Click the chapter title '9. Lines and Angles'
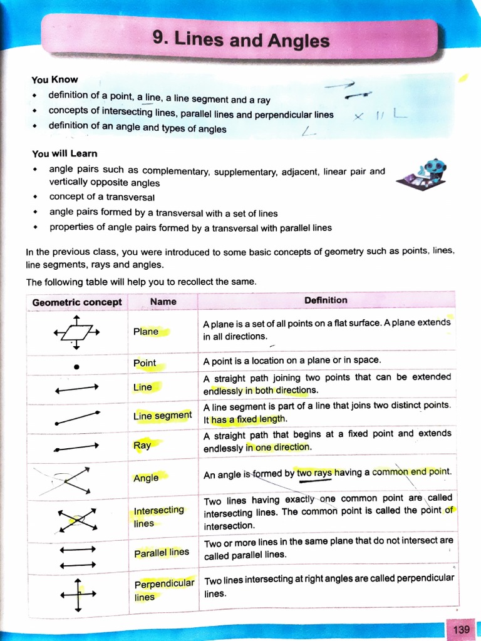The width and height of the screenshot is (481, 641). pos(240,40)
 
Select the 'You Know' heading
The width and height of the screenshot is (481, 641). pos(54,79)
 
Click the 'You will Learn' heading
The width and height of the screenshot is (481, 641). pos(65,153)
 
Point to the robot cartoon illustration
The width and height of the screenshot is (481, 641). pos(422,175)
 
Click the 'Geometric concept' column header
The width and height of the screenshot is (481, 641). pos(76,302)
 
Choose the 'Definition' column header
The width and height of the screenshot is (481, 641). pos(325,300)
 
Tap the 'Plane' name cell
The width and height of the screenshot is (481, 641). pos(146,332)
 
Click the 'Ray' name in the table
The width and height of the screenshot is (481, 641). pos(142,446)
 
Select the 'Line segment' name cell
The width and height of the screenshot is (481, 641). pos(162,416)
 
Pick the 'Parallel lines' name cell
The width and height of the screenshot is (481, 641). pos(161,553)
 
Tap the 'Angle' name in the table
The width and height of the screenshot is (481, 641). pos(146,478)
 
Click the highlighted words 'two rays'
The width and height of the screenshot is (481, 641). pos(314,474)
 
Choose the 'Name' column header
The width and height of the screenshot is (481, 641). pos(163,302)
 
